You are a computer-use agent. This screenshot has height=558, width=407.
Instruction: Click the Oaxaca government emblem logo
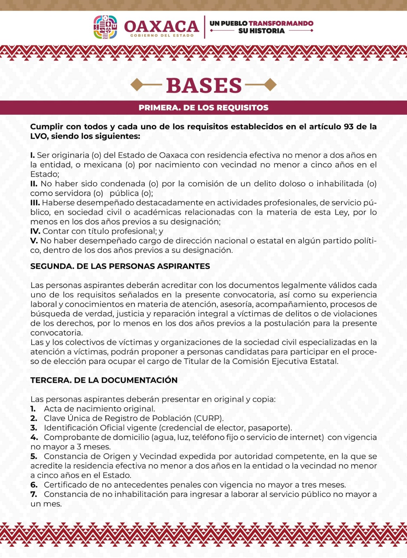click(x=105, y=27)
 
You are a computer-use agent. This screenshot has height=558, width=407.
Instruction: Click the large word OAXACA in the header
click(x=161, y=26)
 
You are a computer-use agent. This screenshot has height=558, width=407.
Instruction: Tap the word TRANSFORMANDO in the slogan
click(x=281, y=23)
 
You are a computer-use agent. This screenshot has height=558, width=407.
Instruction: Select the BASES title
click(x=204, y=85)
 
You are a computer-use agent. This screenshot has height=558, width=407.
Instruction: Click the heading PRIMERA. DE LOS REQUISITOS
click(x=203, y=108)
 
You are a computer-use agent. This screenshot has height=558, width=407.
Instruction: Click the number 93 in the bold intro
click(x=348, y=127)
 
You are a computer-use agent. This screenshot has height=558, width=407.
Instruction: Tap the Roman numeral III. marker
click(x=35, y=203)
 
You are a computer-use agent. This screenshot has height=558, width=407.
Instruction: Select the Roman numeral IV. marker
click(x=35, y=231)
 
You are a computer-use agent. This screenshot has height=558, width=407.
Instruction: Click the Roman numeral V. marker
click(x=34, y=241)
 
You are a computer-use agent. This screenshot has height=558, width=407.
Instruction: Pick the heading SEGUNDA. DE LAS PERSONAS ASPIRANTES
click(x=120, y=266)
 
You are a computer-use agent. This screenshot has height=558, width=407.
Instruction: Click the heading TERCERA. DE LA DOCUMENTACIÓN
click(x=104, y=380)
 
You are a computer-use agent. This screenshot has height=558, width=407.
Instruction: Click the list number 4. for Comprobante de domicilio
click(x=34, y=437)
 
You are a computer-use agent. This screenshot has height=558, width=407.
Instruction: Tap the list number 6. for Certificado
click(x=34, y=485)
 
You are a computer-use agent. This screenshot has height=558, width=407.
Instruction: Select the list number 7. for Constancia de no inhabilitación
click(x=34, y=494)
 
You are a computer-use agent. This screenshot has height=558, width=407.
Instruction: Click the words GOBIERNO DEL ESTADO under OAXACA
click(x=162, y=36)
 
